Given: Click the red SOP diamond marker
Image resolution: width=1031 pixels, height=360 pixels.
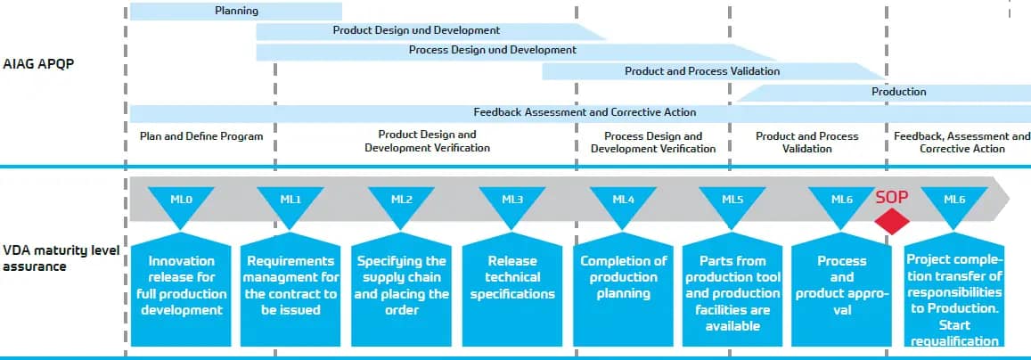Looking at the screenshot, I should [x=892, y=220].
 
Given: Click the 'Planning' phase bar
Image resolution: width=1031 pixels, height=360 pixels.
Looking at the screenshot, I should [x=236, y=12].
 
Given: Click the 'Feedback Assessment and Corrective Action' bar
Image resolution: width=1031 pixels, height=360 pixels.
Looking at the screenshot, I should [x=584, y=112].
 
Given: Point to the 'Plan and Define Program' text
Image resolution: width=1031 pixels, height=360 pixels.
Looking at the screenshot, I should [x=201, y=136].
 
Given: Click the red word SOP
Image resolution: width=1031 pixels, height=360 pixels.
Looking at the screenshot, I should [x=891, y=197].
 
